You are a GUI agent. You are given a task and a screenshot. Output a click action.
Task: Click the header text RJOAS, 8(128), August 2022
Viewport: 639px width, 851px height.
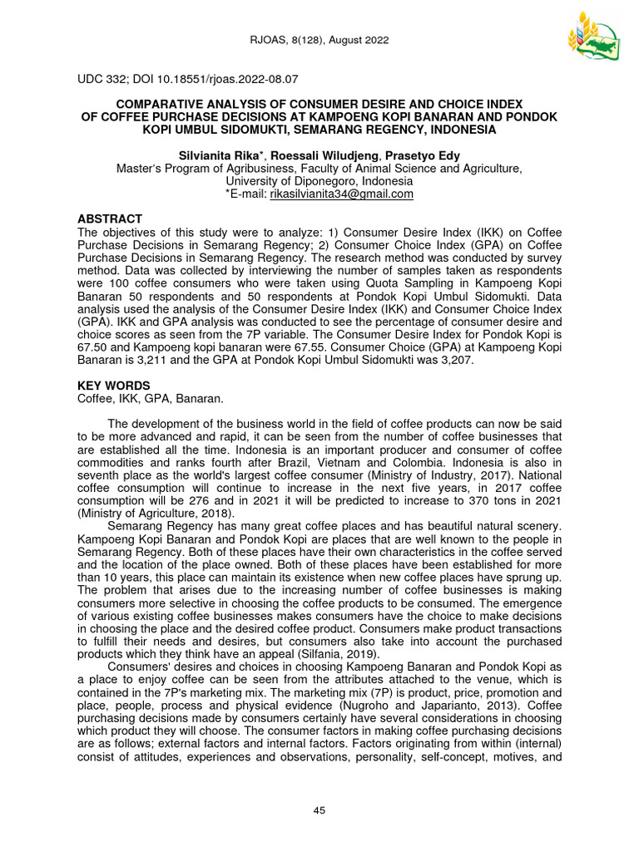(x=319, y=41)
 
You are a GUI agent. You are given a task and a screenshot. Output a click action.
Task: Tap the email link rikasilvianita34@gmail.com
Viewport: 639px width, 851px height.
(x=340, y=194)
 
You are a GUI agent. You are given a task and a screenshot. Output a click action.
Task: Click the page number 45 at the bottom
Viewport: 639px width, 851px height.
(x=319, y=811)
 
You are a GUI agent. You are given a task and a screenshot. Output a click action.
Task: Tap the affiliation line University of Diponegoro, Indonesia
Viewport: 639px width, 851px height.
(x=319, y=180)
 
